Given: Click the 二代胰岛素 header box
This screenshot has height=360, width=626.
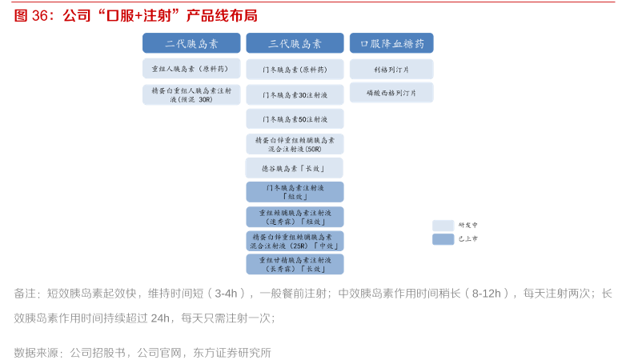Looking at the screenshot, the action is click(x=191, y=43).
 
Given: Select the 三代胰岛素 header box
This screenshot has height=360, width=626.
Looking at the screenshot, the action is click(x=295, y=43).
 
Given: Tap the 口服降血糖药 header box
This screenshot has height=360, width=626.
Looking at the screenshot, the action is click(x=391, y=43).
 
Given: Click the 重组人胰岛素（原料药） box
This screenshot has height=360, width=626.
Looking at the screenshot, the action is click(x=191, y=69).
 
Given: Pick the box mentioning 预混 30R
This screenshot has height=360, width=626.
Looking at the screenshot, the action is click(x=191, y=95).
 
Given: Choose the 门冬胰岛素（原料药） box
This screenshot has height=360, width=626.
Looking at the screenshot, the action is click(x=295, y=70).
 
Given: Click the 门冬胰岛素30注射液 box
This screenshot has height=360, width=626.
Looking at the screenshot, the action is click(x=295, y=95).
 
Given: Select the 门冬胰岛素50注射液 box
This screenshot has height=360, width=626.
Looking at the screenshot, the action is click(x=295, y=119).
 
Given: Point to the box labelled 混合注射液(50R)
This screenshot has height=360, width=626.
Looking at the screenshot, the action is click(x=295, y=144).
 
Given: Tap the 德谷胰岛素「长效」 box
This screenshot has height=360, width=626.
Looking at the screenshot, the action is click(x=295, y=168).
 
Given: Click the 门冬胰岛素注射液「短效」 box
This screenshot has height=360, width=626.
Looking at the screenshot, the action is click(x=295, y=192).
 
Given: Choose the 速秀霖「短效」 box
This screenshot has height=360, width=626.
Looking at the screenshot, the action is click(x=295, y=217).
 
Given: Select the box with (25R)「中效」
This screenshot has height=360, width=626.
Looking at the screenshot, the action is click(x=295, y=241).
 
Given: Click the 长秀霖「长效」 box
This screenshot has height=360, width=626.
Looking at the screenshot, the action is click(x=295, y=264).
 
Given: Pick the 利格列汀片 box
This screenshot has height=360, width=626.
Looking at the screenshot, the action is click(x=391, y=70).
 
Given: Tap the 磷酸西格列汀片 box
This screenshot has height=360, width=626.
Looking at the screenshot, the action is click(x=391, y=93).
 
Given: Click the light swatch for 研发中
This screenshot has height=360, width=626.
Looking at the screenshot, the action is click(x=443, y=226).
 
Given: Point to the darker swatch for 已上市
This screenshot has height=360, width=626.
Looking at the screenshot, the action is click(x=443, y=238).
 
